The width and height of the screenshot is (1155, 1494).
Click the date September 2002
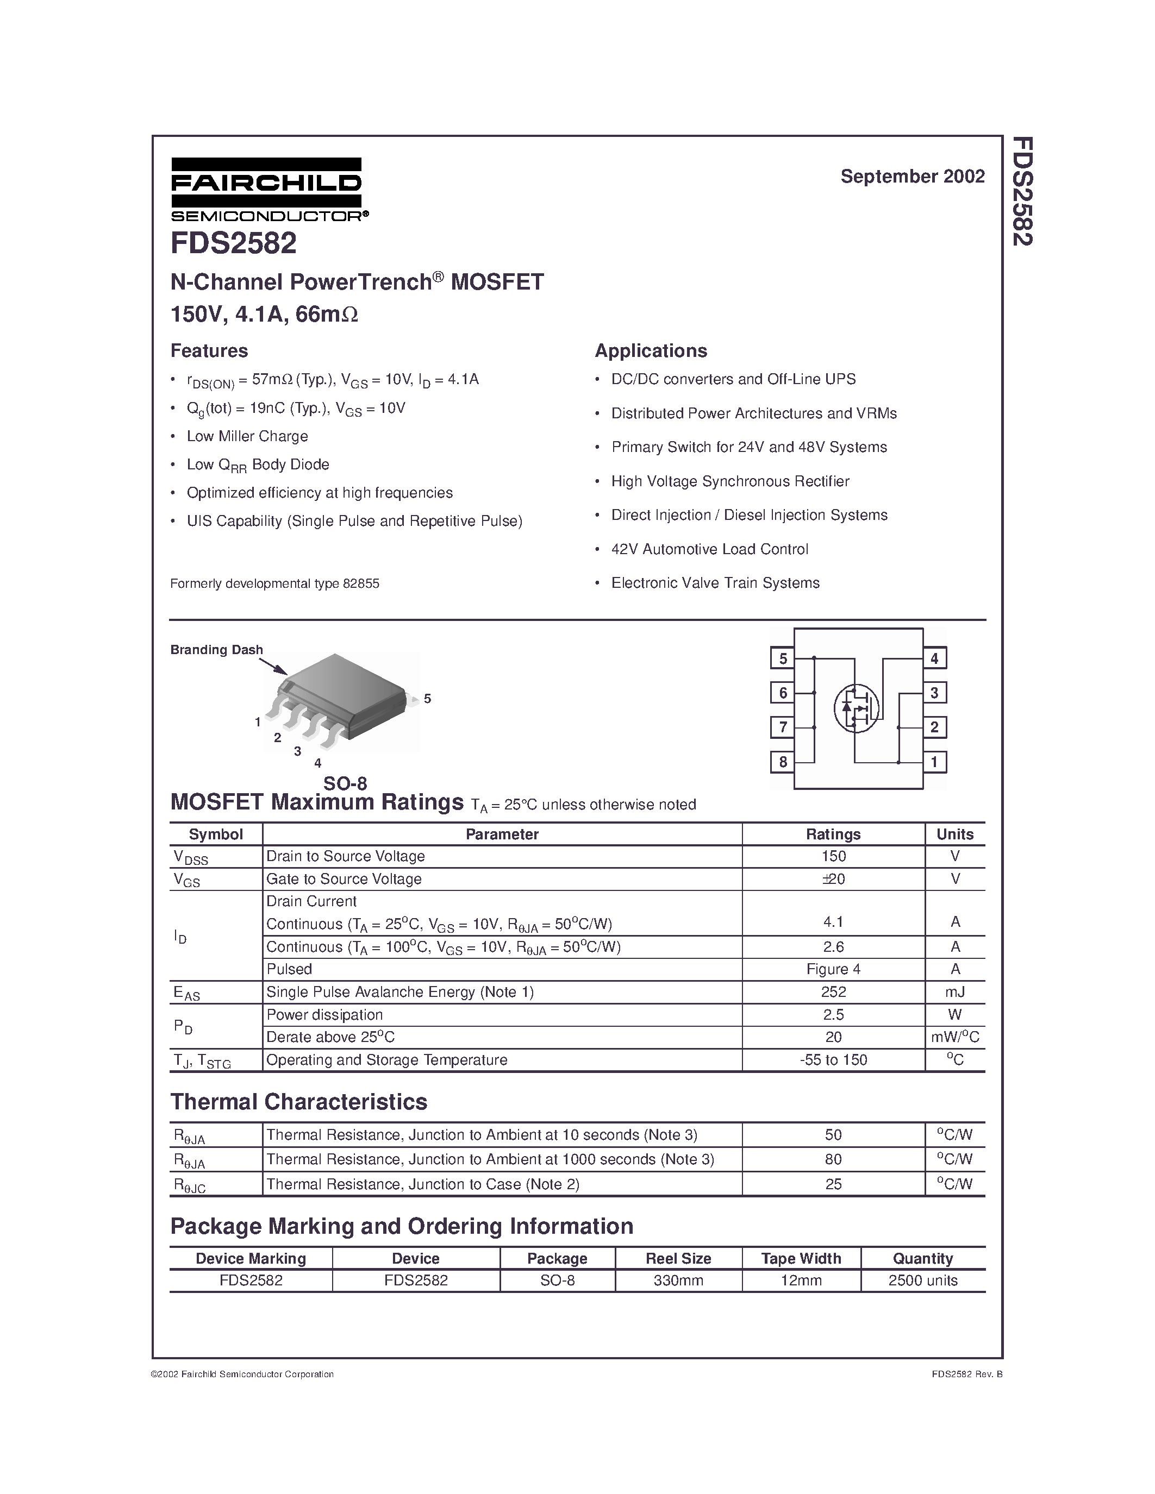[912, 177]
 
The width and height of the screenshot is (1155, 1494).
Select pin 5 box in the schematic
[783, 659]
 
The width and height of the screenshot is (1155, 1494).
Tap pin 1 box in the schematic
[934, 762]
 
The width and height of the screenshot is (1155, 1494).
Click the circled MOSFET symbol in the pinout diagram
[856, 708]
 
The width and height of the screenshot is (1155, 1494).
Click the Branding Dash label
[216, 650]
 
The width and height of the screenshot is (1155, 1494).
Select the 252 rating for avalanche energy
[833, 992]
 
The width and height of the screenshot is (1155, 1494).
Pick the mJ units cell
[954, 992]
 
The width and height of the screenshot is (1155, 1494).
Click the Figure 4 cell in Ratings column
[833, 969]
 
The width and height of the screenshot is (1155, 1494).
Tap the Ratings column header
[833, 834]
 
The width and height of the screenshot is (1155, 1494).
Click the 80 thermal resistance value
[833, 1159]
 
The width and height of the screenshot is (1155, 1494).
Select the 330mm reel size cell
[678, 1280]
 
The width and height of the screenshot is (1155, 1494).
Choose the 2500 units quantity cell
[922, 1280]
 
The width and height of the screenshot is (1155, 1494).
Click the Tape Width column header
[801, 1259]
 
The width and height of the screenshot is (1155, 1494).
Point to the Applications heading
[651, 351]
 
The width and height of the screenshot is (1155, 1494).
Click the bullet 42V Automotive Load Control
[709, 549]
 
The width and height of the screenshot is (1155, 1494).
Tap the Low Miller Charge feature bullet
[247, 436]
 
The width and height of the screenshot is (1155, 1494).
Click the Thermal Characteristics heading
[298, 1102]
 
